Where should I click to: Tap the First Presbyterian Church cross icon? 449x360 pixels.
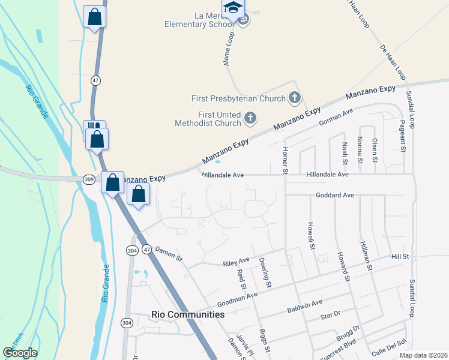[x=294, y=97]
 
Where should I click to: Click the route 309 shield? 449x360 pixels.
[x=89, y=179]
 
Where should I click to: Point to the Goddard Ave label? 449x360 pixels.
[x=335, y=196]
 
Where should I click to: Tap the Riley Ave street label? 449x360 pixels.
[x=236, y=262]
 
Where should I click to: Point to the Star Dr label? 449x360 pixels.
[x=331, y=314]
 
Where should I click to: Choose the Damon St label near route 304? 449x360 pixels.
[x=168, y=254]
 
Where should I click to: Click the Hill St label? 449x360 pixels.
[x=400, y=256]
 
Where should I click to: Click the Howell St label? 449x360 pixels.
[x=311, y=236]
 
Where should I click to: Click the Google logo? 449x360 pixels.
[x=20, y=353]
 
